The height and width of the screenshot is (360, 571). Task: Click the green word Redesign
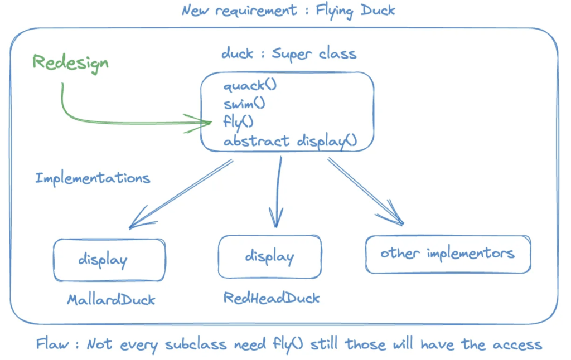[x=70, y=62]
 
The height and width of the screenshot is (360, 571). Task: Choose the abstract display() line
[x=289, y=140]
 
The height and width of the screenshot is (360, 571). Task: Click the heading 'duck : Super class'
[x=288, y=54]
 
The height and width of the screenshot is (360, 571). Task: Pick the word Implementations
[x=93, y=178]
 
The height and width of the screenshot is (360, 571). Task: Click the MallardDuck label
[x=111, y=300]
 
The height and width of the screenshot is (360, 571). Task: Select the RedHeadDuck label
[x=272, y=298]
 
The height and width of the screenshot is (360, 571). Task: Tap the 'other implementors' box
[x=448, y=254]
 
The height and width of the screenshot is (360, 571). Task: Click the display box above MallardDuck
[x=109, y=260]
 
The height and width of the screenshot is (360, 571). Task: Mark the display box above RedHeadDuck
[x=270, y=257]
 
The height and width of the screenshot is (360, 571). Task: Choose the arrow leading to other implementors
[x=365, y=191]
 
